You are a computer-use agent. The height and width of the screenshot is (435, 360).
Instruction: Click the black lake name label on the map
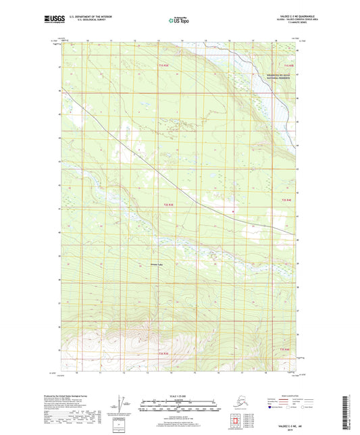click(156, 264)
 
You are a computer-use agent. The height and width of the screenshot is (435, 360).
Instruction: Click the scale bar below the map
click(179, 407)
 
